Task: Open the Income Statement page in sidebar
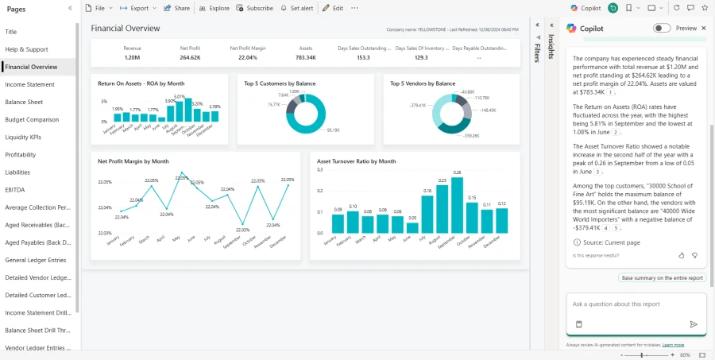click(29, 84)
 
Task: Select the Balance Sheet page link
click(24, 102)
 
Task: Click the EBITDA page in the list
click(16, 190)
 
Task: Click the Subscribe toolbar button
click(254, 8)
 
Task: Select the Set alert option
click(297, 8)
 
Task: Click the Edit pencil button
click(333, 8)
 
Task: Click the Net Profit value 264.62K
click(190, 57)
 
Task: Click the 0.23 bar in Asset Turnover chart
click(442, 209)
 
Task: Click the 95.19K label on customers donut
click(333, 130)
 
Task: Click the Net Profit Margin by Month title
click(133, 161)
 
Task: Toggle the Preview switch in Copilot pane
click(661, 28)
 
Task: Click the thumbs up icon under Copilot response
click(682, 255)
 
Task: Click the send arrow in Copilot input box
click(693, 324)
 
